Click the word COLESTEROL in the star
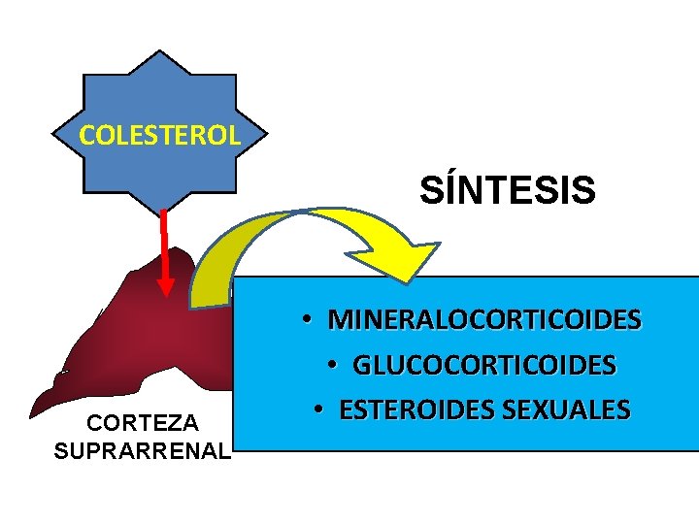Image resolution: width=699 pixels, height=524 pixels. (159, 135)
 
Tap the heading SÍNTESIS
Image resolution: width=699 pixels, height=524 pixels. (507, 190)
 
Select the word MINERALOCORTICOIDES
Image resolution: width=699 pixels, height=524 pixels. (484, 319)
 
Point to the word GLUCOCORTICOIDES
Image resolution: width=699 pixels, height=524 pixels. (484, 365)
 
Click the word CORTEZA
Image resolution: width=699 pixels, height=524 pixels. (143, 423)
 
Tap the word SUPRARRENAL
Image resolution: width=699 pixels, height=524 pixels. (143, 450)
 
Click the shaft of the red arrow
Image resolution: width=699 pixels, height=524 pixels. (164, 243)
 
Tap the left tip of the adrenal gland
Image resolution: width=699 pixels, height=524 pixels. (34, 412)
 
